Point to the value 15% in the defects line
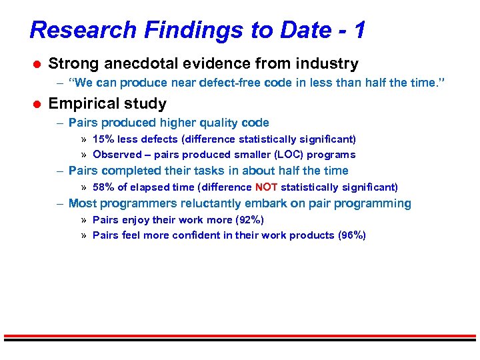tap(103, 139)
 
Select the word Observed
tap(117, 155)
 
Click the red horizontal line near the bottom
tap(240, 335)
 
